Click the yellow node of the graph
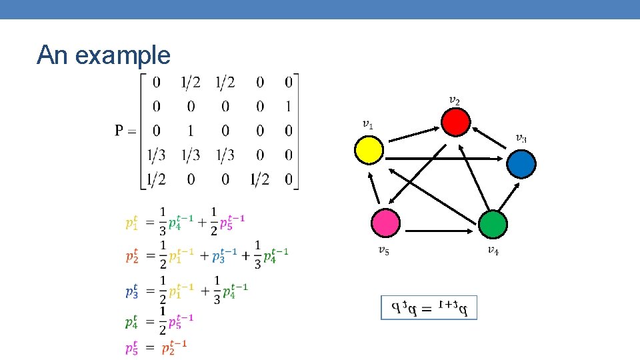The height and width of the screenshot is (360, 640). [x=369, y=149]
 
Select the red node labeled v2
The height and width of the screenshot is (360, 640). [x=456, y=122]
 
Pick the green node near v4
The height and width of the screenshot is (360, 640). [x=493, y=225]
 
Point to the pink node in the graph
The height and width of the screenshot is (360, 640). [x=386, y=223]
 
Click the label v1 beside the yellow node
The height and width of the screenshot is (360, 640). [x=368, y=125]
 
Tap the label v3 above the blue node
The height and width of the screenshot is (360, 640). [x=521, y=139]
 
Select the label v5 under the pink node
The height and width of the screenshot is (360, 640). [x=384, y=251]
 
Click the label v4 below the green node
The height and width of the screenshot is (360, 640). [x=493, y=251]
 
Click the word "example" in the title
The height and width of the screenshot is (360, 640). [x=123, y=55]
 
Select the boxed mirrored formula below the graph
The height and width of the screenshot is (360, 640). [x=429, y=307]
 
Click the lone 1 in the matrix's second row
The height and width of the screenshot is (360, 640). [x=287, y=106]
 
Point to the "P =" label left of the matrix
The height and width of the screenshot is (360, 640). [x=125, y=131]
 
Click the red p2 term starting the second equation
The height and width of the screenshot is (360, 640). [x=132, y=256]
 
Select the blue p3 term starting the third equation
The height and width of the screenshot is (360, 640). [x=132, y=291]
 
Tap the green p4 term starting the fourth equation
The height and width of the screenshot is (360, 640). [x=132, y=323]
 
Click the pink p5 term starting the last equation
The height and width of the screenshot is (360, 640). [x=132, y=347]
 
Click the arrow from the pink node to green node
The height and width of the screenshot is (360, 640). [x=439, y=231]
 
